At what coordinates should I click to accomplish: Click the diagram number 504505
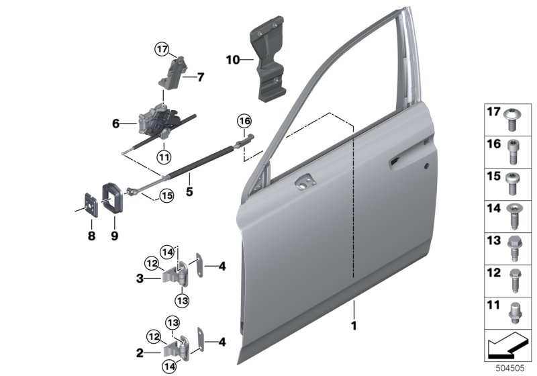coord(510,369)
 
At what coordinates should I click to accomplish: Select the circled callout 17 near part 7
coord(162,49)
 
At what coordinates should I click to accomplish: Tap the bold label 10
coord(233,60)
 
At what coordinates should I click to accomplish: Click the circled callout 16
coord(244,121)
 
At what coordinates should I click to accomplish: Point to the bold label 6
coord(116,124)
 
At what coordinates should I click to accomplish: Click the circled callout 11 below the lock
coord(164,158)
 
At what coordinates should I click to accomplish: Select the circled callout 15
coord(166,196)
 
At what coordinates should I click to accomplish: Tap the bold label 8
coord(91,236)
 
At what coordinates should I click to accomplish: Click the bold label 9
coord(114,236)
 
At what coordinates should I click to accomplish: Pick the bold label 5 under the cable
coord(189,191)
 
